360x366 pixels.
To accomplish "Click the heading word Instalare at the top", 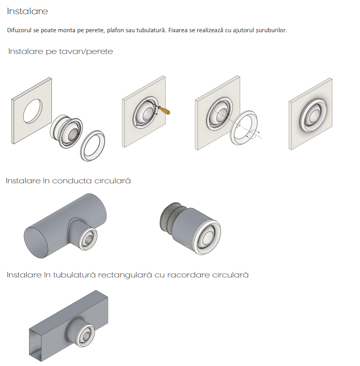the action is pos(27,11).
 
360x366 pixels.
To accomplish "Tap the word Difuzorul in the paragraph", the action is pos(19,30).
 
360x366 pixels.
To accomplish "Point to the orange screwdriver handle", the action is pos(164,110).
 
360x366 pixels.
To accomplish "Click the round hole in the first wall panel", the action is pos(33,111).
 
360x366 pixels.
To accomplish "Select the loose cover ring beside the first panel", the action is pos(93,145).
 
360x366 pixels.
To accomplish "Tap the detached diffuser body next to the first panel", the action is pos(66,131).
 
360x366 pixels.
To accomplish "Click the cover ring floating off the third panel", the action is pos(244,128).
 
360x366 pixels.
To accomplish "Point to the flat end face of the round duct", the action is pos(36,242).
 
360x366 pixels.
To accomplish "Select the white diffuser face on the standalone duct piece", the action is pos(206,237).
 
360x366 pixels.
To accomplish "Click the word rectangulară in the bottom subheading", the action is pos(125,275).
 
